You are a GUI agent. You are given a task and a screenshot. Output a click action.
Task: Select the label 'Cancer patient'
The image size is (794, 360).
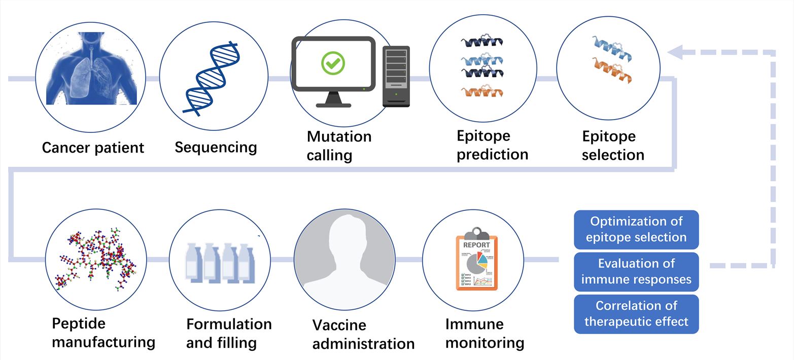93,148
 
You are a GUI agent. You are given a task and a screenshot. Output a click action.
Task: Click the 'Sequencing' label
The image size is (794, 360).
216,147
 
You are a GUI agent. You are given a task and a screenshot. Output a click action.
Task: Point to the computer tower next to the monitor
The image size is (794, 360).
396,76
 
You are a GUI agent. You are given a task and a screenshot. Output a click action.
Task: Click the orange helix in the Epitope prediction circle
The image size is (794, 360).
482,92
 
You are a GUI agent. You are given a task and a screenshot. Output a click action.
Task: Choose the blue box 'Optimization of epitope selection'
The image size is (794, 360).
636,229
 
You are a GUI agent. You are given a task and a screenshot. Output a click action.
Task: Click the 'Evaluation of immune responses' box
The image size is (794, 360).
636,271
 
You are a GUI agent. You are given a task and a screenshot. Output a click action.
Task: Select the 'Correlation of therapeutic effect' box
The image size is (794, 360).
636,313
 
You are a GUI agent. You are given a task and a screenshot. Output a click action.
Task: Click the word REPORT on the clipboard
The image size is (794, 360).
476,245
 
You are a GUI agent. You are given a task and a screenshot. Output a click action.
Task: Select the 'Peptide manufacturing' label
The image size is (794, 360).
103,332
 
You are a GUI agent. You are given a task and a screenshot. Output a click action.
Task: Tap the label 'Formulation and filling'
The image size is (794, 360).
229,333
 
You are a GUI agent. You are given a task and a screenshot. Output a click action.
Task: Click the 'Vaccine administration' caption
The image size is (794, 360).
363,334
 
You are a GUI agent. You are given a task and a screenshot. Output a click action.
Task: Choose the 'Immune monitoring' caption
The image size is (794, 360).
485,333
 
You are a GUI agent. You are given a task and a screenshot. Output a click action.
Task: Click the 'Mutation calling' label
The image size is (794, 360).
339,146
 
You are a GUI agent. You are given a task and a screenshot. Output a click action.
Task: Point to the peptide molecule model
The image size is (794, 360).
96,259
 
